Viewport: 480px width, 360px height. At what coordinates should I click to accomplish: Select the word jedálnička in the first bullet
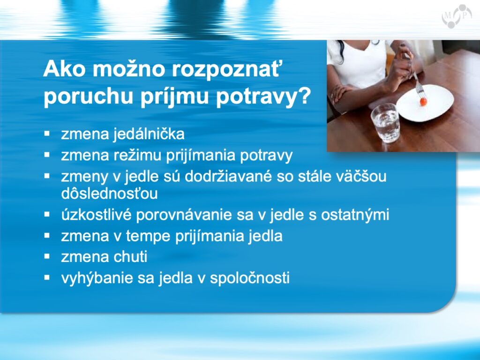[149, 135]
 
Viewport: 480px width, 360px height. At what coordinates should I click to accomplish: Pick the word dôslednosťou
[109, 194]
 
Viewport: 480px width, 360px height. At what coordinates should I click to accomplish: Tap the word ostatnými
[355, 215]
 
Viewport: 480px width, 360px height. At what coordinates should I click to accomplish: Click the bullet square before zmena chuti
[47, 256]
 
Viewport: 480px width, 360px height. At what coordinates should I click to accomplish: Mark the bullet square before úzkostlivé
[47, 214]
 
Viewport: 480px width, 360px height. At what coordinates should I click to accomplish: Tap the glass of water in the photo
[385, 123]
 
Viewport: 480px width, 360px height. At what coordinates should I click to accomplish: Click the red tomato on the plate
[423, 101]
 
